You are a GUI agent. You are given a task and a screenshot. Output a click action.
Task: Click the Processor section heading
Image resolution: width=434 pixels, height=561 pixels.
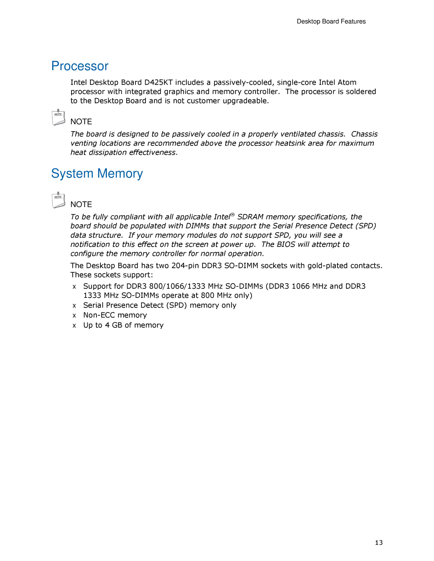(80, 66)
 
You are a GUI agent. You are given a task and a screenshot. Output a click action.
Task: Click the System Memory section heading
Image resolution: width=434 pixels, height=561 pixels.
(97, 173)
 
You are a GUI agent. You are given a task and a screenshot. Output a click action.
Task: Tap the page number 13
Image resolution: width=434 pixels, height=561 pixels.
(379, 543)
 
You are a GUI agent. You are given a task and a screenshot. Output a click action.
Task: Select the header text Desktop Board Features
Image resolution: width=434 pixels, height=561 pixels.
(331, 22)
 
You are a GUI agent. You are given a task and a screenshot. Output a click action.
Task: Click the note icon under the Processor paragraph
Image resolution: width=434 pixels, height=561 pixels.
(58, 117)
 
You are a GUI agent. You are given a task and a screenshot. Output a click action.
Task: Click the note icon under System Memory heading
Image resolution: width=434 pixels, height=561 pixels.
(58, 200)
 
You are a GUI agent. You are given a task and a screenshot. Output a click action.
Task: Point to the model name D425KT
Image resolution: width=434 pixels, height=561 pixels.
(158, 82)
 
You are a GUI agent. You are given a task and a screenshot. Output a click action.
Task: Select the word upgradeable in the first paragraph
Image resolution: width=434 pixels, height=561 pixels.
(246, 101)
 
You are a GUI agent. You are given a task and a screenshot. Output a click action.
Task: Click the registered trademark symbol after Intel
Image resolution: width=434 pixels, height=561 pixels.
(232, 215)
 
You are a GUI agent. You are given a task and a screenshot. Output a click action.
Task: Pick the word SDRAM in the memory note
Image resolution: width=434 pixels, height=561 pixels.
(250, 217)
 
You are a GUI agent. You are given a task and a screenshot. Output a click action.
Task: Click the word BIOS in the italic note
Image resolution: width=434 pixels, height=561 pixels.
(286, 245)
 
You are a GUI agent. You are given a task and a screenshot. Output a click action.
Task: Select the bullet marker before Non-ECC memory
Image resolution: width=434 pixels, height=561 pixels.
(74, 316)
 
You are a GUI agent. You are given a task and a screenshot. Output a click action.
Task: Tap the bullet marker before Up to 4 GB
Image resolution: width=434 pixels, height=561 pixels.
(74, 326)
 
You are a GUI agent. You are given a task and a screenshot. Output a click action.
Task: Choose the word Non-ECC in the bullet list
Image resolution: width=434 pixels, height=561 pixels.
(99, 315)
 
